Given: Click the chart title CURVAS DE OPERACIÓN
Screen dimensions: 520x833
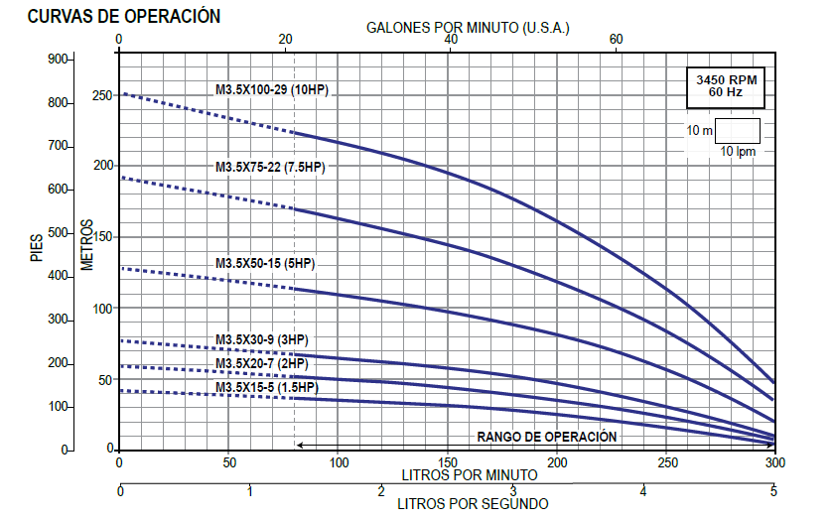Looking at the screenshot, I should [124, 18].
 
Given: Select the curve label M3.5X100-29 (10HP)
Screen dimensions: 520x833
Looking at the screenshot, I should [272, 90].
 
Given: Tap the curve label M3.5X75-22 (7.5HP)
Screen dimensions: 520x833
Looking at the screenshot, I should [270, 167].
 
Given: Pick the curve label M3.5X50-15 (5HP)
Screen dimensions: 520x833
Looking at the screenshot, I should [265, 263].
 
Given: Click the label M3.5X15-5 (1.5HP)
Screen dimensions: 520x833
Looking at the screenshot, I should [265, 387].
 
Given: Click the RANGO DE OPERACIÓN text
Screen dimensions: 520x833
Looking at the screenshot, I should [547, 437].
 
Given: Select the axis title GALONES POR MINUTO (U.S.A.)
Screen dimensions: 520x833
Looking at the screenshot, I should [468, 28].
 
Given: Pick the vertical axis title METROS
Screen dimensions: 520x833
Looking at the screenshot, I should [87, 243].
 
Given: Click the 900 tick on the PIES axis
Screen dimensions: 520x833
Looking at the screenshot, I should [60, 60].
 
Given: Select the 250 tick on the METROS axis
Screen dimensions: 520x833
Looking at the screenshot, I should [104, 96].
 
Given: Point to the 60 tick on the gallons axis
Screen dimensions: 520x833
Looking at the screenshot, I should [616, 39].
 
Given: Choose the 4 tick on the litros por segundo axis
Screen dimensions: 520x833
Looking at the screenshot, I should [643, 492].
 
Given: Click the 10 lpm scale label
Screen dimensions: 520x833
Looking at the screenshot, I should [738, 151].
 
